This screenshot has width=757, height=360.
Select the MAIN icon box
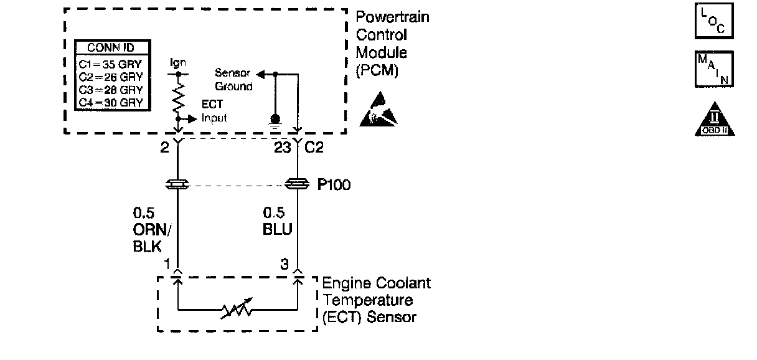pyautogui.click(x=713, y=70)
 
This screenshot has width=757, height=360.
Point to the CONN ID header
pyautogui.click(x=111, y=48)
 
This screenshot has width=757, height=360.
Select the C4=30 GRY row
pyautogui.click(x=111, y=103)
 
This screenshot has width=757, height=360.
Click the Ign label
pyautogui.click(x=178, y=64)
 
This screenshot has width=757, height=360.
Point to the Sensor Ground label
pyautogui.click(x=233, y=80)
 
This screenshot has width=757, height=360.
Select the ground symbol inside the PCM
pyautogui.click(x=275, y=120)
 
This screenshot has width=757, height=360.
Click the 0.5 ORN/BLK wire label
pyautogui.click(x=151, y=229)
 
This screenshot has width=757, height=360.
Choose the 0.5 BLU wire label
pyautogui.click(x=276, y=222)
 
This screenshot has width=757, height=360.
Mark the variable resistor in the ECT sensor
pyautogui.click(x=237, y=308)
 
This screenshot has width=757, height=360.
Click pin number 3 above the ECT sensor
pyautogui.click(x=284, y=264)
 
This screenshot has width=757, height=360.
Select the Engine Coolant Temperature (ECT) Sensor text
pyautogui.click(x=377, y=300)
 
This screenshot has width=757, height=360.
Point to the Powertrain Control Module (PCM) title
pyautogui.click(x=392, y=44)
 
